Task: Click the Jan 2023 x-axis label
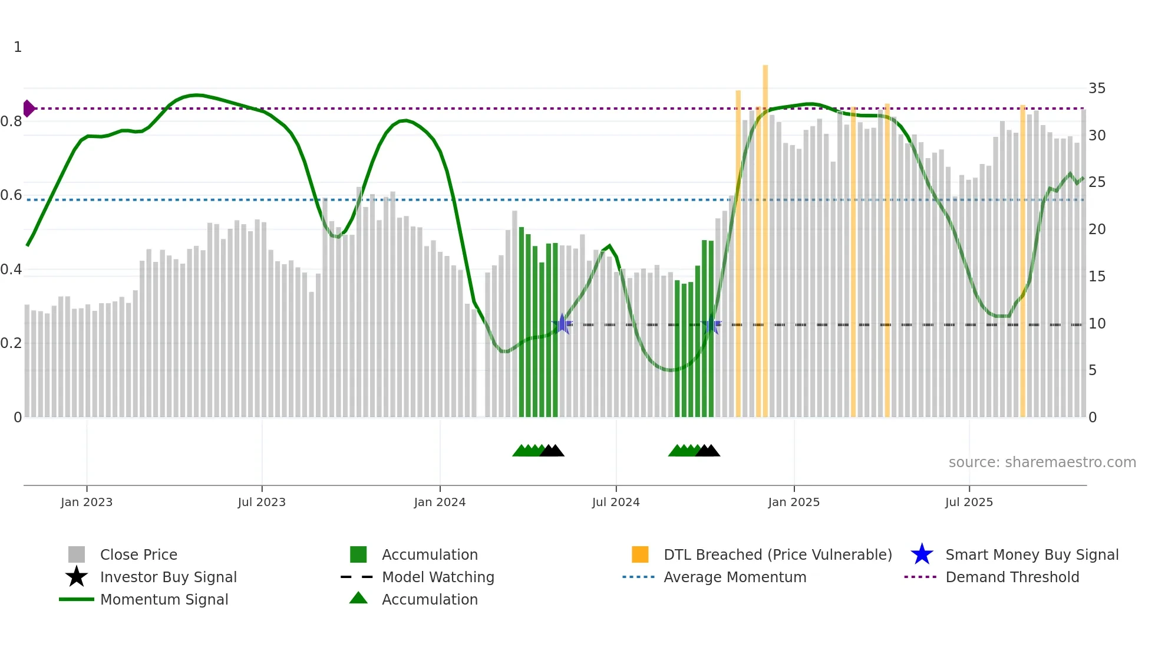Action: pos(87,502)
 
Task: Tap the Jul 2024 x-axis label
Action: pos(616,502)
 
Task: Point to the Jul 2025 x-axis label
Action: pos(969,502)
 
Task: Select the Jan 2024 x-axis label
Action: pos(440,502)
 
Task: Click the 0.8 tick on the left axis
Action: pos(11,122)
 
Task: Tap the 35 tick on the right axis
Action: pos(1097,88)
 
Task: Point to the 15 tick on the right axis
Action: pos(1097,277)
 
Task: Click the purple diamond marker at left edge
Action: pos(28,109)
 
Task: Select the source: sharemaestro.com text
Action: pos(1042,462)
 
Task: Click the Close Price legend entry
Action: pos(138,554)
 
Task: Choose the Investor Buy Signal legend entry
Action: pos(168,577)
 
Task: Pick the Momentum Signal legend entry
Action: pos(164,599)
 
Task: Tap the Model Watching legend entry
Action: pos(438,577)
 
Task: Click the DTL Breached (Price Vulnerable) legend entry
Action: pos(777,554)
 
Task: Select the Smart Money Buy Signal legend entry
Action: pos(1032,554)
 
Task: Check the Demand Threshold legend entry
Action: pos(1012,577)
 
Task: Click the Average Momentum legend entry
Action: pos(735,577)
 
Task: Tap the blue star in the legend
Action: pos(922,554)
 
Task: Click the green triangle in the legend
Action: pos(358,598)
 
